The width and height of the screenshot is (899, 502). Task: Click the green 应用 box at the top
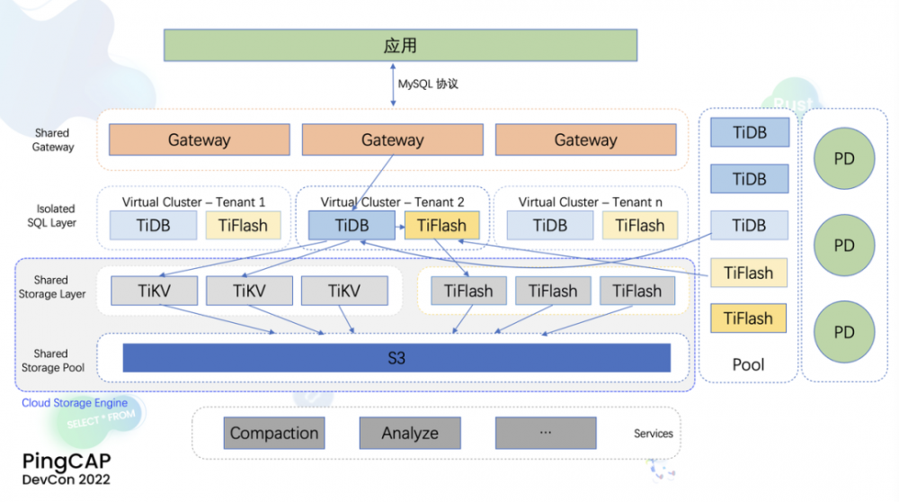(x=400, y=45)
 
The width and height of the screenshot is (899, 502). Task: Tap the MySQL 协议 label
(x=428, y=84)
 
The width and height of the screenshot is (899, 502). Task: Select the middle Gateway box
(x=392, y=139)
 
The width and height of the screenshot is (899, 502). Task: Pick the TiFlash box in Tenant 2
(x=441, y=226)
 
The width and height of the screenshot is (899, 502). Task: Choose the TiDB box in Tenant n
(x=549, y=226)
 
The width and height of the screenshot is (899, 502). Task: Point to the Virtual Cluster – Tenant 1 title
(x=193, y=202)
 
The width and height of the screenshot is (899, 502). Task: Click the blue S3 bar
(x=396, y=357)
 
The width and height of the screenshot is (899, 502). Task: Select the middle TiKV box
(x=249, y=291)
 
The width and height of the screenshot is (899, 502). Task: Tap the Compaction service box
(x=274, y=433)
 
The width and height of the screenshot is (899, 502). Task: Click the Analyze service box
(x=409, y=433)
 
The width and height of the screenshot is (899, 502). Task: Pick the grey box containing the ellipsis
(x=545, y=433)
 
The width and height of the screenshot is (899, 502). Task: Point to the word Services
(x=653, y=434)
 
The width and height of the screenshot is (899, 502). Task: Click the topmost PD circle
(x=843, y=159)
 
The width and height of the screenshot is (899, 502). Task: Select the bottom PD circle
(x=843, y=332)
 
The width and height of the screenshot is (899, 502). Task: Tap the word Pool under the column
(x=748, y=364)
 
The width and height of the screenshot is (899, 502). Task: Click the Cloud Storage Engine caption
(x=75, y=403)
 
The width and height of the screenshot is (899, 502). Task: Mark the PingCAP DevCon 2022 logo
(x=67, y=469)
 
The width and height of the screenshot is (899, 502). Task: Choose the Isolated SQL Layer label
(x=52, y=216)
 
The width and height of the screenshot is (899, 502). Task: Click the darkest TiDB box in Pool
(x=749, y=132)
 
